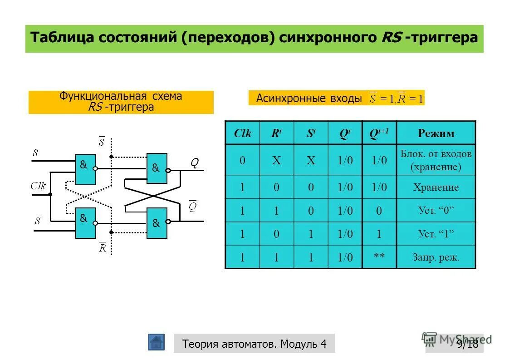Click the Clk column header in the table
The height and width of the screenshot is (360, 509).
tap(242, 133)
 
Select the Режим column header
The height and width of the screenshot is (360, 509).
tap(436, 133)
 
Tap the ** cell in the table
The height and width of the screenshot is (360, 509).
tap(379, 257)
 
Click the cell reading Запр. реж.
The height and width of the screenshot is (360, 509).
tap(436, 257)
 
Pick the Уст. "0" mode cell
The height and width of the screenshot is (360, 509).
tap(436, 210)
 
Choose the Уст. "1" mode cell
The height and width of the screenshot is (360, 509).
tap(436, 234)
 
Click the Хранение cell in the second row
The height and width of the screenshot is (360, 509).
tap(436, 187)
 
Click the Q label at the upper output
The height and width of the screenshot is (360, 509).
tap(194, 163)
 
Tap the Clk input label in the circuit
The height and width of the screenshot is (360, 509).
tap(38, 185)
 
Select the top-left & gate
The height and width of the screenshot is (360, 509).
tap(85, 169)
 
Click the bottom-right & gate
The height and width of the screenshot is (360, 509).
tap(157, 223)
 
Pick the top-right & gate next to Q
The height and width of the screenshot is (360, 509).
tap(157, 168)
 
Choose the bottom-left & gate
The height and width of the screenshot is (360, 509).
tap(85, 223)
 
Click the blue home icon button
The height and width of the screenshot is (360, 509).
tap(156, 342)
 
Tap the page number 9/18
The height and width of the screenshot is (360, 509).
tap(467, 344)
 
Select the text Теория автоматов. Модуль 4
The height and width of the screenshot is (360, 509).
tap(254, 344)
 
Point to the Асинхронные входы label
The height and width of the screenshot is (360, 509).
tap(308, 98)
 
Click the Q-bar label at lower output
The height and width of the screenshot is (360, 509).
tap(193, 206)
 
